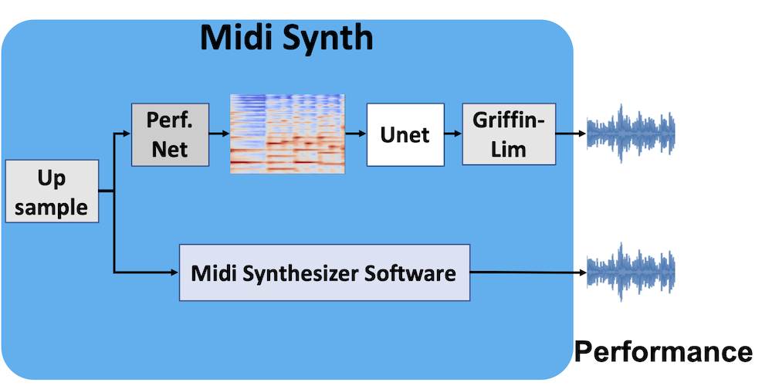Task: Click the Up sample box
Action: (52, 191)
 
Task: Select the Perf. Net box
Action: (170, 134)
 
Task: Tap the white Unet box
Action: (405, 134)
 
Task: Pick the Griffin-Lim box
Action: (509, 134)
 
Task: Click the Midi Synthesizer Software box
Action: (324, 273)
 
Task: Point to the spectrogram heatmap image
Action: (287, 134)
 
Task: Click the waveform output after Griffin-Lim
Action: (631, 134)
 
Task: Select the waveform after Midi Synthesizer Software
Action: (631, 272)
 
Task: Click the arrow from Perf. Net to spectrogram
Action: (219, 134)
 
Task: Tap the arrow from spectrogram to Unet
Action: (355, 134)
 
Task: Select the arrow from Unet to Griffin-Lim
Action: (453, 134)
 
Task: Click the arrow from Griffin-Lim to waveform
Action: (571, 134)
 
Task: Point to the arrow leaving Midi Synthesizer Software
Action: (529, 272)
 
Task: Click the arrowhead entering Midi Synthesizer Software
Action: (174, 272)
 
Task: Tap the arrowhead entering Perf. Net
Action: (127, 134)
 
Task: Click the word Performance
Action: (663, 352)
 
